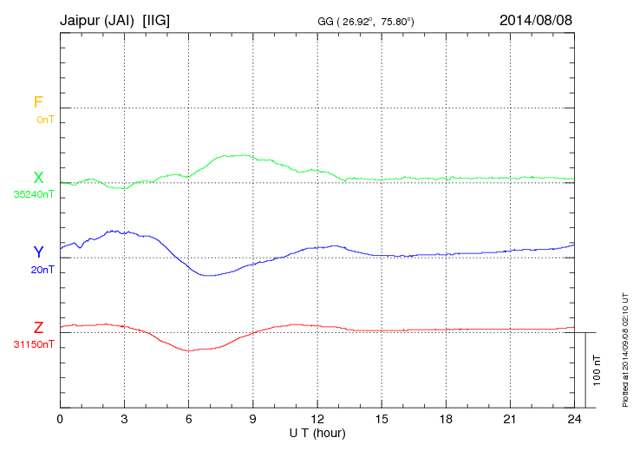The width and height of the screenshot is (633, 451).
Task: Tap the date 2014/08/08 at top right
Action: pyautogui.click(x=536, y=19)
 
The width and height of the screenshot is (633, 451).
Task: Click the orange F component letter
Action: pyautogui.click(x=38, y=102)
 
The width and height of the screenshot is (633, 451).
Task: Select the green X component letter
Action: pyautogui.click(x=38, y=178)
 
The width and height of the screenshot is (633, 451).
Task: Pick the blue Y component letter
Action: pyautogui.click(x=38, y=252)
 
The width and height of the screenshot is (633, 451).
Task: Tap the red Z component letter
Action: pyautogui.click(x=38, y=328)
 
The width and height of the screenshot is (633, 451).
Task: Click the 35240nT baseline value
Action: pyautogui.click(x=34, y=194)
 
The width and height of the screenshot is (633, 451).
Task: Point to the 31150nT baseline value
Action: pyautogui.click(x=34, y=344)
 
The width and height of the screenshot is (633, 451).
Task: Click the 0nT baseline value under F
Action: pyautogui.click(x=44, y=120)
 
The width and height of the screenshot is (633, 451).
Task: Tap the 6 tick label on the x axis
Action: pyautogui.click(x=188, y=419)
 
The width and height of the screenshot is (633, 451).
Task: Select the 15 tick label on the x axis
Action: pyautogui.click(x=382, y=419)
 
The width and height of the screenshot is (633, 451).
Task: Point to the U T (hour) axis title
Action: pyautogui.click(x=317, y=432)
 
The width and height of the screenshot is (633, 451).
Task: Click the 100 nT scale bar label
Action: pyautogui.click(x=597, y=370)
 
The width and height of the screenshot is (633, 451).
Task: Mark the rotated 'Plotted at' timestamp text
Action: pyautogui.click(x=625, y=347)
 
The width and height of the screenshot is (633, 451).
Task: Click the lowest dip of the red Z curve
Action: pyautogui.click(x=189, y=350)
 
